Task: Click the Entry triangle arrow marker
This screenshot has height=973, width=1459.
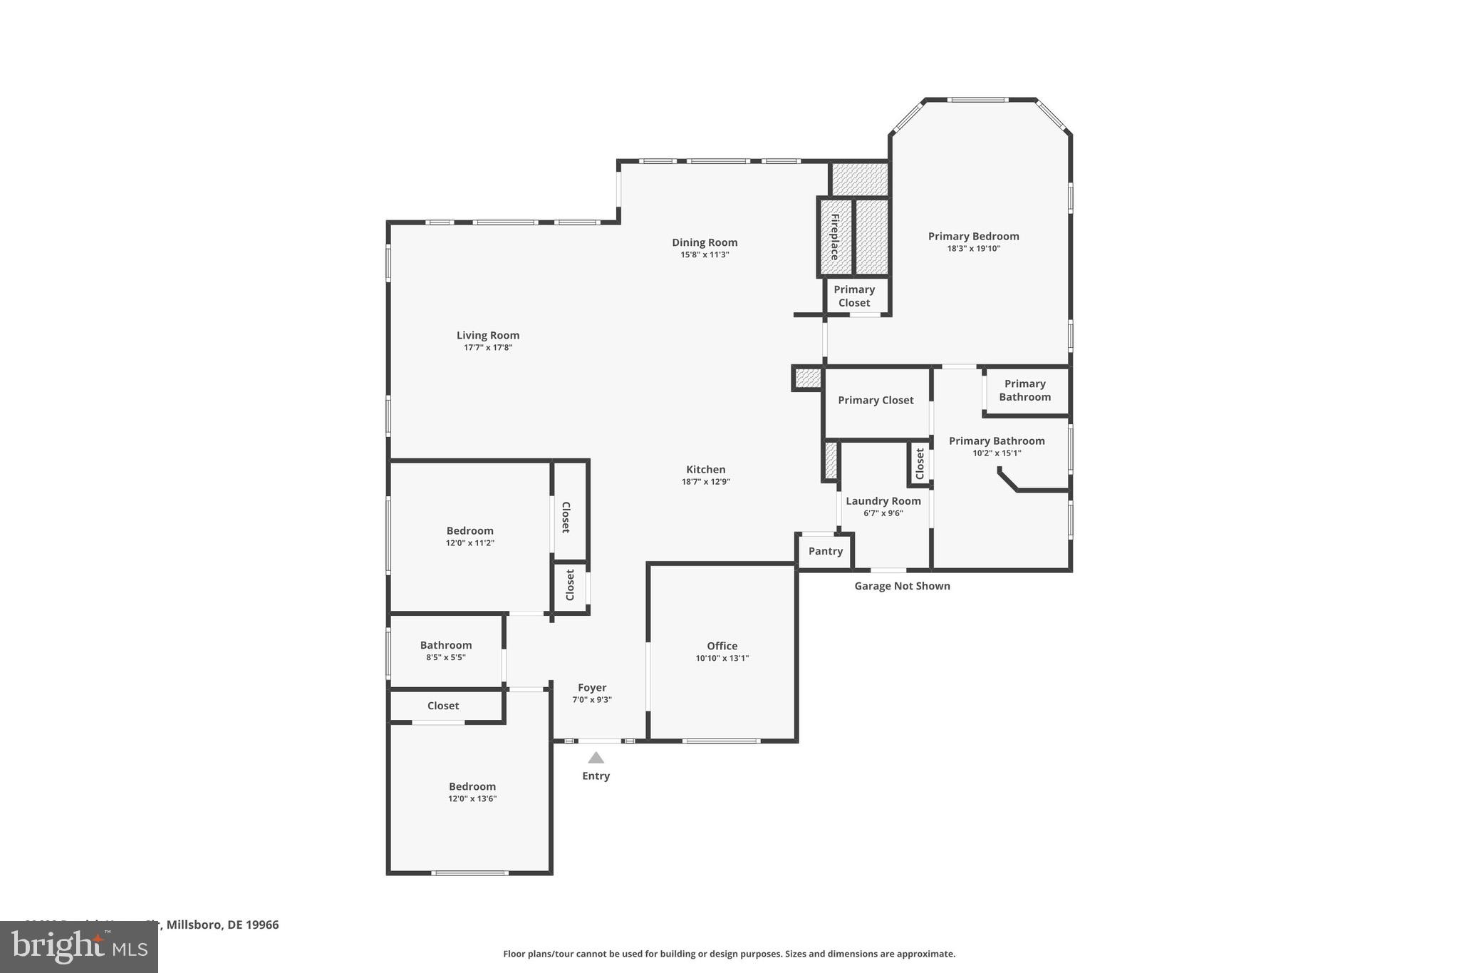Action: [596, 758]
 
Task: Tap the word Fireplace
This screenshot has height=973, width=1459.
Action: [834, 237]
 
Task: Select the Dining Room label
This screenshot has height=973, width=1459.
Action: [705, 242]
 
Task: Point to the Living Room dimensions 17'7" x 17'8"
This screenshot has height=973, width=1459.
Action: [488, 348]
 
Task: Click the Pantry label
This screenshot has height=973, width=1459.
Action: [825, 551]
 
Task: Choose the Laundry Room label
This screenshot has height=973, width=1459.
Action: [883, 501]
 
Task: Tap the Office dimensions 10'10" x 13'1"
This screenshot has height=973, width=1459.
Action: [722, 658]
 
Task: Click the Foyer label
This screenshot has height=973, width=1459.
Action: [592, 688]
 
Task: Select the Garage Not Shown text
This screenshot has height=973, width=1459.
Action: [902, 586]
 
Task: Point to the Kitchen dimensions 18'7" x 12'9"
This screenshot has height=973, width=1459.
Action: [705, 482]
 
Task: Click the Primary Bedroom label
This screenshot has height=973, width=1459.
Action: [973, 237]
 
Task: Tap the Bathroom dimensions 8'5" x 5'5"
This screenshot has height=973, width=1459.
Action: [446, 657]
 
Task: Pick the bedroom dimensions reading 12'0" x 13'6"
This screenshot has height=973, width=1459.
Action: [472, 798]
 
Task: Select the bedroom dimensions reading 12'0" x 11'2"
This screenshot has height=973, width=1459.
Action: [469, 542]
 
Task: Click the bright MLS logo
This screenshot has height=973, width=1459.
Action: [78, 947]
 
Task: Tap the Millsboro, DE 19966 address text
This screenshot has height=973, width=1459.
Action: [222, 925]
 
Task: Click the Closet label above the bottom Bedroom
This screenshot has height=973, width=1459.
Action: [443, 706]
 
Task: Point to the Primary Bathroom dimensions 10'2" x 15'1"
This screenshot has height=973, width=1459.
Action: [997, 453]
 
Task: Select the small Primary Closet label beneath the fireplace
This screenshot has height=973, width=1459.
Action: [853, 296]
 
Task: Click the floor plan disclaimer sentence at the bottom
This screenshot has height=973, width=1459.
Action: [729, 954]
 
